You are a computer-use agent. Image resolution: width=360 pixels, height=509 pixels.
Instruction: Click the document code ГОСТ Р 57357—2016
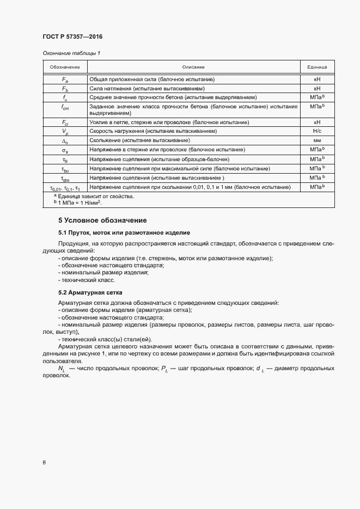pos(72,36)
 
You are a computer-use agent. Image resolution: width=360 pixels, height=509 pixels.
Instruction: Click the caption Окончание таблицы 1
pos(71,53)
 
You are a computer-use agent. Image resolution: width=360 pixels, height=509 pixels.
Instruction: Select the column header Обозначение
pos(65,67)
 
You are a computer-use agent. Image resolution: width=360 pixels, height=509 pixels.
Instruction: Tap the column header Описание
pos(193,67)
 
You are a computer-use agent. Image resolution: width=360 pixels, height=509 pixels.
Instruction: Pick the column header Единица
pos(317,67)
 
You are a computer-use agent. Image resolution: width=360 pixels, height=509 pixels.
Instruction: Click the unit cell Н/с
pos(317,131)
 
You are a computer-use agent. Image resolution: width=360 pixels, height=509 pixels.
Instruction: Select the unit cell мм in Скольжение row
pos(317,140)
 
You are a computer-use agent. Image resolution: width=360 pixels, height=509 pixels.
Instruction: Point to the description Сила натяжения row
pos(147,88)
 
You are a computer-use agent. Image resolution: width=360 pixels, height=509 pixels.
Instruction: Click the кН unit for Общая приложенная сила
pos(317,79)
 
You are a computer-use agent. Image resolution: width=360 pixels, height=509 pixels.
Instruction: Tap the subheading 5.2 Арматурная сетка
pos(90,292)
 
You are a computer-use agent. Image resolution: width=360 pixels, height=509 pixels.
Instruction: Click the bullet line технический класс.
pos(88,280)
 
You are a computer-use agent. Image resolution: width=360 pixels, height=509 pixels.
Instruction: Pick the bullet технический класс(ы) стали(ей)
pos(103,339)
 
